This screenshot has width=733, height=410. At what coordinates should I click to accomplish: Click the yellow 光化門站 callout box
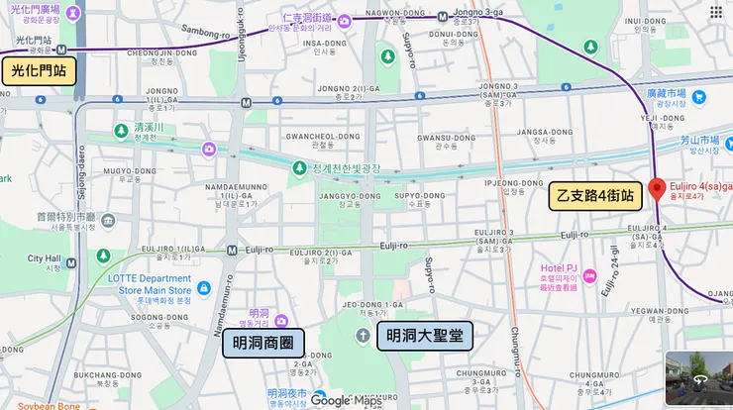click(38, 71)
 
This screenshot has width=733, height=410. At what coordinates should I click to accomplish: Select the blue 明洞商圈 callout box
click(262, 343)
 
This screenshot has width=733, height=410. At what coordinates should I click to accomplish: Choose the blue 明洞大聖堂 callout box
click(425, 336)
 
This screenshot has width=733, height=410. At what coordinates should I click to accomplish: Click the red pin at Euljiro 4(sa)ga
click(656, 189)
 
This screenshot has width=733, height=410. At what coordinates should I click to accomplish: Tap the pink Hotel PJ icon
click(589, 275)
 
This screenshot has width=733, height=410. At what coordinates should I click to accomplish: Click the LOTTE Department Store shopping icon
click(204, 287)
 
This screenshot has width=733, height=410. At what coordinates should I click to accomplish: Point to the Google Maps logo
click(346, 400)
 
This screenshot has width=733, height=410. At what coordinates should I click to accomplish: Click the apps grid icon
click(716, 12)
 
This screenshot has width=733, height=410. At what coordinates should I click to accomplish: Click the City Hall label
click(45, 259)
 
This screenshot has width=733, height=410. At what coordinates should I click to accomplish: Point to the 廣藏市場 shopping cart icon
click(699, 97)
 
